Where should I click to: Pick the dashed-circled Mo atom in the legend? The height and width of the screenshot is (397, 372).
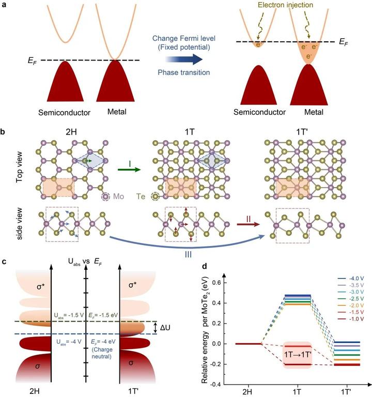pos(106,197)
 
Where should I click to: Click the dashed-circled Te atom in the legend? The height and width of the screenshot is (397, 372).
pos(154,197)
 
